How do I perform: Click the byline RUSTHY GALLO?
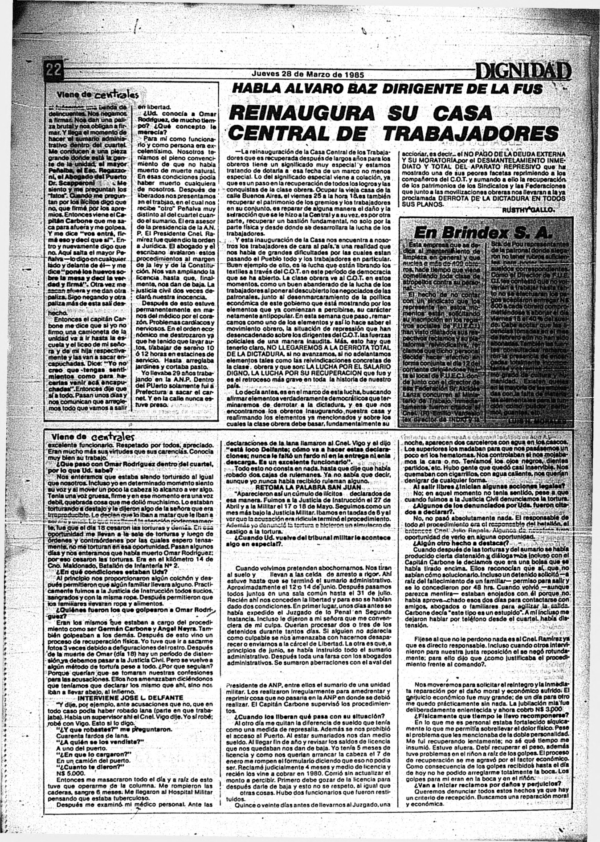pyautogui.click(x=528, y=209)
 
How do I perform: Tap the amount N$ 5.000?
pyautogui.click(x=67, y=774)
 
